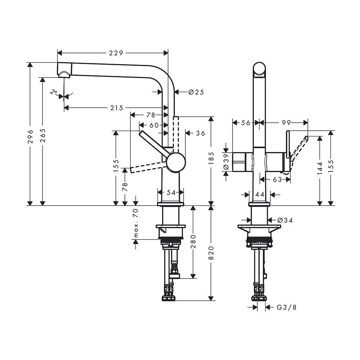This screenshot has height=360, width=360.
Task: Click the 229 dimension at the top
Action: click(x=116, y=53)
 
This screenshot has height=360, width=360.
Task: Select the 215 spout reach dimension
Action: click(x=117, y=108)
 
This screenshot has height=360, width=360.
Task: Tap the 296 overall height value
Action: click(x=30, y=136)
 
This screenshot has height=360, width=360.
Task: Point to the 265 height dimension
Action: click(x=43, y=135)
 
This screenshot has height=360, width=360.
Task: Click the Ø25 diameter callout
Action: click(x=196, y=92)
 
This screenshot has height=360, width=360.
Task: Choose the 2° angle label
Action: click(x=54, y=92)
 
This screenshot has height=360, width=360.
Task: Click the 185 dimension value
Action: click(x=211, y=158)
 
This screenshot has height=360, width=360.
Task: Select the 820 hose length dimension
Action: click(x=211, y=253)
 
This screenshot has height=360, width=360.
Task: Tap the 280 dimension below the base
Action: click(x=193, y=241)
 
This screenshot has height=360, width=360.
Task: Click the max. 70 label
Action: click(x=136, y=223)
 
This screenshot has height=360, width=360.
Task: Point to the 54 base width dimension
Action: click(x=171, y=193)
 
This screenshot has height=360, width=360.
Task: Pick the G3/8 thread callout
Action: click(x=287, y=307)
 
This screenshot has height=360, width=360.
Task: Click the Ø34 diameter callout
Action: click(x=285, y=220)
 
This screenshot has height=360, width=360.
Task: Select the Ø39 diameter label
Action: click(x=226, y=161)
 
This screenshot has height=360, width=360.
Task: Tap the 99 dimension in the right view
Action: click(x=286, y=123)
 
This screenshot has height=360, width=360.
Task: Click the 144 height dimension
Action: click(x=320, y=168)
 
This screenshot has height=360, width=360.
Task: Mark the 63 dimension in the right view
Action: click(x=277, y=180)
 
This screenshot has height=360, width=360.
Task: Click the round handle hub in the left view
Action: click(x=176, y=162)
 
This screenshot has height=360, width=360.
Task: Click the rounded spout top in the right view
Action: click(x=260, y=68)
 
